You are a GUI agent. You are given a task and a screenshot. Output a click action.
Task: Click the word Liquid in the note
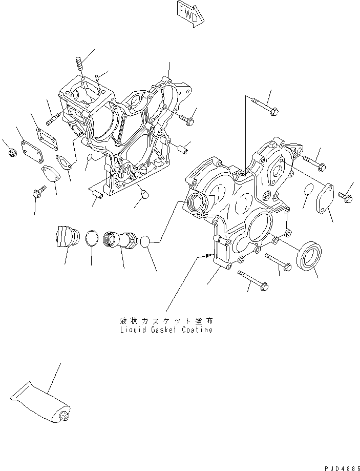[x=130, y=330]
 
